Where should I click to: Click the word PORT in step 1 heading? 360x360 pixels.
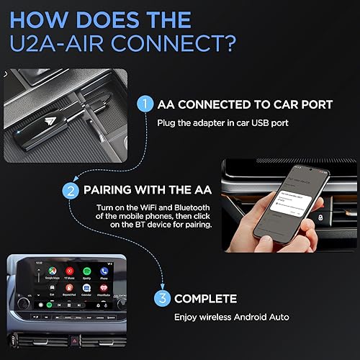point(313,105)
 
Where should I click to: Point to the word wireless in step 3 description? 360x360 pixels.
point(239,316)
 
